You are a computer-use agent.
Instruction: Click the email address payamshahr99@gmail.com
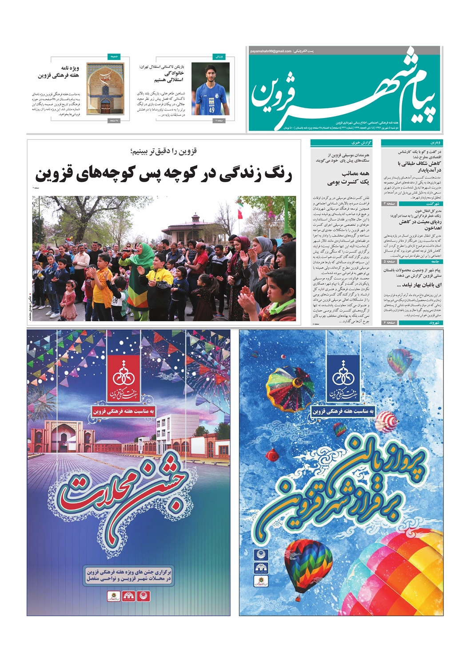[x=271, y=51]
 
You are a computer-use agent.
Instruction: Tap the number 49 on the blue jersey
[x=212, y=110]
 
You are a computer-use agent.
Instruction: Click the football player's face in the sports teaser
[x=210, y=73]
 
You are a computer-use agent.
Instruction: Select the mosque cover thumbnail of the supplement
[x=105, y=89]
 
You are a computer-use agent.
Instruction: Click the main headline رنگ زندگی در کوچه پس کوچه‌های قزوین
[x=164, y=174]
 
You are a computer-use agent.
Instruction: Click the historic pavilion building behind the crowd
[x=196, y=225]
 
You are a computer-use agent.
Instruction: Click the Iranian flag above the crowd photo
[x=240, y=211]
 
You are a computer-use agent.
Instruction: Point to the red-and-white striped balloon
[x=387, y=421]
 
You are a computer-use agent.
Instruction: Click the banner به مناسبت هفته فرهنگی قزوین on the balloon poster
[x=343, y=411]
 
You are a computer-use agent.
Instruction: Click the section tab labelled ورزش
[x=219, y=57]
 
